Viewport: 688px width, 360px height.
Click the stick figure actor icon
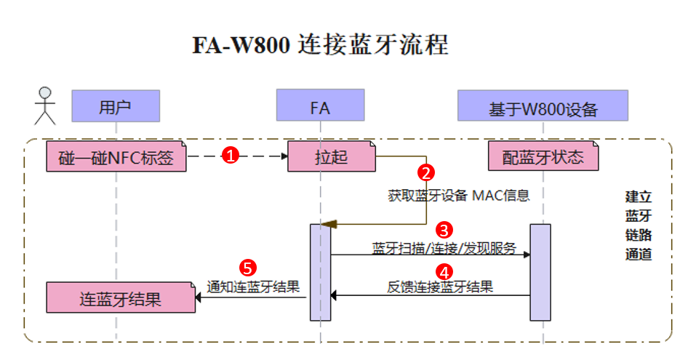(x=45, y=105)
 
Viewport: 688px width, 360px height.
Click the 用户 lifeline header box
(x=115, y=106)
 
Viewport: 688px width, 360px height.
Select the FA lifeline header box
(x=320, y=106)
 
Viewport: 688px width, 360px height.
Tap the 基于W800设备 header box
(x=543, y=106)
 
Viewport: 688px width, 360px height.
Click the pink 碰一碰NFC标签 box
(x=116, y=156)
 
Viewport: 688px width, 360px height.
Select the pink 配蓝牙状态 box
(x=543, y=156)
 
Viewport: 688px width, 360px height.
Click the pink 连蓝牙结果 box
(x=121, y=298)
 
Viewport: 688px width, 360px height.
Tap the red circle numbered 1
(x=231, y=156)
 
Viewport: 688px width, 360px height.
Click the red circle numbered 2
(x=427, y=173)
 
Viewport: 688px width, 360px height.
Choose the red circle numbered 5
(x=247, y=268)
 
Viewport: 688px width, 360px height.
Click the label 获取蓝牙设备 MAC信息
(x=458, y=195)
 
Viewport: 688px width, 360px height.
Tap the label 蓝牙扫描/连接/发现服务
(x=444, y=247)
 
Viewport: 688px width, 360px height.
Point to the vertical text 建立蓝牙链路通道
(x=638, y=225)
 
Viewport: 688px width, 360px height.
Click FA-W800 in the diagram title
(x=241, y=45)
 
